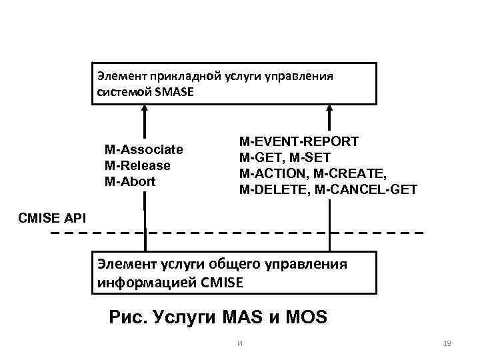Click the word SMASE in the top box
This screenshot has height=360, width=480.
(174, 92)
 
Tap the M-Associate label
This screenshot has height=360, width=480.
(143, 149)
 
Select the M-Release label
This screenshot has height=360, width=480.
(137, 165)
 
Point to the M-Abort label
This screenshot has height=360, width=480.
(130, 181)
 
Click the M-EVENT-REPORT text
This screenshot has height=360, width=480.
(299, 141)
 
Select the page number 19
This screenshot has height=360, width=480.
(447, 343)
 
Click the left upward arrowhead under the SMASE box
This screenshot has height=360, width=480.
(143, 110)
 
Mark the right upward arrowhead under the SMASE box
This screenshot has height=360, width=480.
(329, 110)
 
